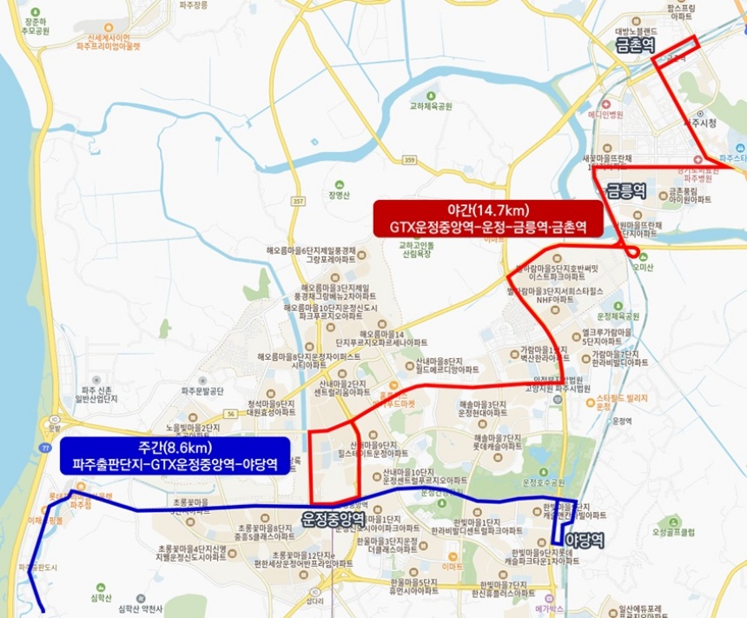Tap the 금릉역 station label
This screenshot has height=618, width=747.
click(x=625, y=189)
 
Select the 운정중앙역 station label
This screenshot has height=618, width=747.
click(x=333, y=518)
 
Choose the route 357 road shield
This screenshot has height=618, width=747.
click(x=299, y=201)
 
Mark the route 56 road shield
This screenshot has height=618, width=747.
click(x=229, y=415)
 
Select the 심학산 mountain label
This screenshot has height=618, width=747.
click(x=102, y=599)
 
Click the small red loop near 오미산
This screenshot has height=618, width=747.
click(x=634, y=253)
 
